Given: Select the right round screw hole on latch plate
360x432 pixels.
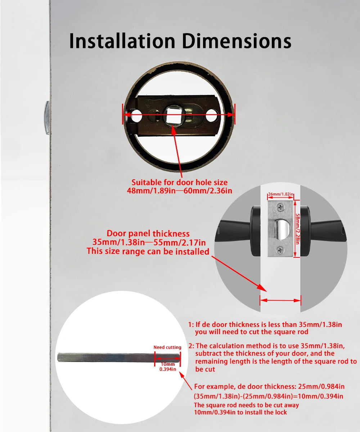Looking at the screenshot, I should pos(212,117).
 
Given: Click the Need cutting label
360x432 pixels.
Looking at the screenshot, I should pos(167,347).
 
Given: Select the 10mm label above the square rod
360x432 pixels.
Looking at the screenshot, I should pos(167,364).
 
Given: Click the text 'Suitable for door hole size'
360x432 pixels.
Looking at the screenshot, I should pos(179,183).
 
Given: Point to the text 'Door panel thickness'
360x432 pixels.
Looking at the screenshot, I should pos(148,234).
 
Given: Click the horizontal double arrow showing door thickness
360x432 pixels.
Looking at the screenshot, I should pos(280,300).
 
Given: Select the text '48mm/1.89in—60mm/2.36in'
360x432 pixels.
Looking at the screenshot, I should pos(179,191).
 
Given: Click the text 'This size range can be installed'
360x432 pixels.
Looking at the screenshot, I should pos(148,251).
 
